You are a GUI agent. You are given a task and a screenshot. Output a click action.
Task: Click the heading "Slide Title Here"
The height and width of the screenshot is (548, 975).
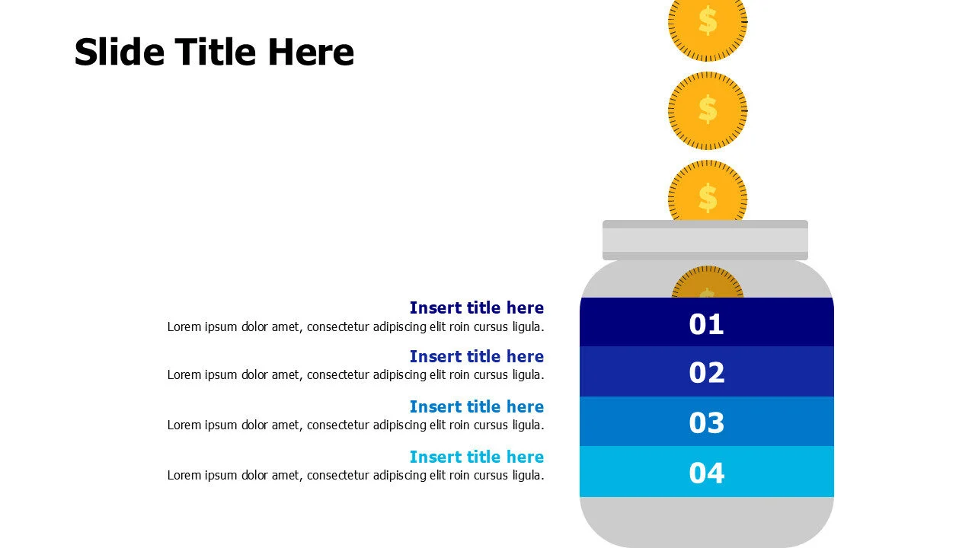214,53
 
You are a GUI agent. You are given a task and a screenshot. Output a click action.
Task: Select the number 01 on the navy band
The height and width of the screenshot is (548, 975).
706,324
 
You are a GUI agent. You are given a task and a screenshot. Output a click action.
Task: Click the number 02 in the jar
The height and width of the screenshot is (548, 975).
706,373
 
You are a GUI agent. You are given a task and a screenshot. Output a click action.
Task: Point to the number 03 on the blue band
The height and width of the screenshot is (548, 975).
706,422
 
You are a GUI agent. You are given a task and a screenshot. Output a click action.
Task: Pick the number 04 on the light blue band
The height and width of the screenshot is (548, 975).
706,473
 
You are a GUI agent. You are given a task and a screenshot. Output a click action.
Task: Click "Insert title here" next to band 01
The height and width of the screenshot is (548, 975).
476,307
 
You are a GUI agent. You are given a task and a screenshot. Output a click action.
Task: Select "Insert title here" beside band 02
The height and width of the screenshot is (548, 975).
476,356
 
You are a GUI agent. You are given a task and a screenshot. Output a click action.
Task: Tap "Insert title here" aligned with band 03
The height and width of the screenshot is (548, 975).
476,406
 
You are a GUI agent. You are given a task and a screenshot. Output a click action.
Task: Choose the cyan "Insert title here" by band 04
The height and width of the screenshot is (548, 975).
476,457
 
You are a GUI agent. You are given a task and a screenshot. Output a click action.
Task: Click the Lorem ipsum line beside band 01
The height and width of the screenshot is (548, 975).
356,327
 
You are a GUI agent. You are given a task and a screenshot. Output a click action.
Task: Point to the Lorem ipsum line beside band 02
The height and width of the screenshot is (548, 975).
356,374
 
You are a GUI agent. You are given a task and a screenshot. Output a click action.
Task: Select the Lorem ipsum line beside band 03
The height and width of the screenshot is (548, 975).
356,425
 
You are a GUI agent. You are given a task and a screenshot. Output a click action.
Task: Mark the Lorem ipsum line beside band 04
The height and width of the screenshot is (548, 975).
356,476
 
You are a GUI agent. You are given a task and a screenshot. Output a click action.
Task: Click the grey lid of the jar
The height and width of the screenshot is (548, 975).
705,241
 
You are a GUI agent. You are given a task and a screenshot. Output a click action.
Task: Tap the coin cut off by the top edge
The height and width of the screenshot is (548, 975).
707,27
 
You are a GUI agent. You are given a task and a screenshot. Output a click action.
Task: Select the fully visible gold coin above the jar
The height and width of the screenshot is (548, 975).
707,111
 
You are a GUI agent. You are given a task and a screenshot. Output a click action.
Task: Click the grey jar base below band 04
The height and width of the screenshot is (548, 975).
706,521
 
